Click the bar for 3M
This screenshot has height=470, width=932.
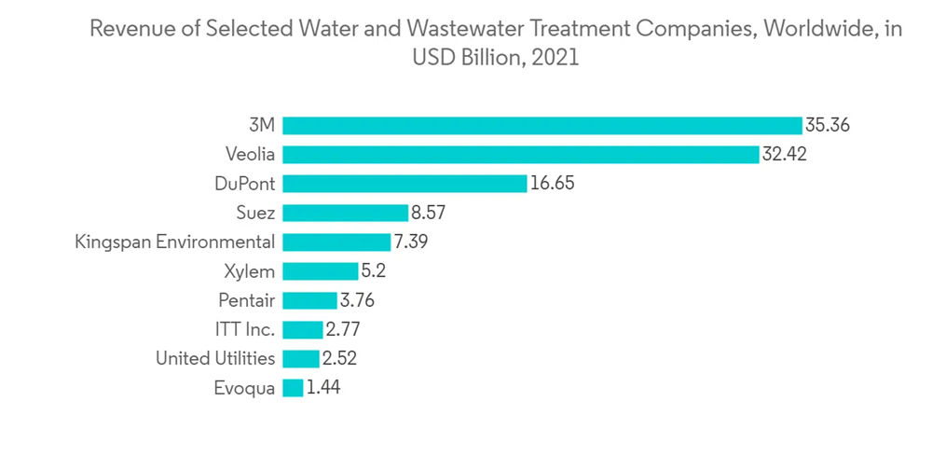[x=541, y=125]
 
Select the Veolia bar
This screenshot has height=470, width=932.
[x=520, y=154]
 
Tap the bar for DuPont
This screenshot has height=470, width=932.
[x=404, y=184]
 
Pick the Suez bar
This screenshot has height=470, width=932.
[x=345, y=213]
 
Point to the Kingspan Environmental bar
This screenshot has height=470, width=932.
[x=336, y=242]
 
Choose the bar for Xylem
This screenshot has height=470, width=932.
[x=320, y=271]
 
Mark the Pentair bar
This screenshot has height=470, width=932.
[x=309, y=300]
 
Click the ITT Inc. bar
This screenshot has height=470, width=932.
[x=302, y=329]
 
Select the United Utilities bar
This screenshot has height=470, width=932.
[x=300, y=359]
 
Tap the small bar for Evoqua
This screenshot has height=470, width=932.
[x=293, y=388]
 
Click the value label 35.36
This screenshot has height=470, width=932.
[x=828, y=125]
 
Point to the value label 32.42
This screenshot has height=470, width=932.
[x=784, y=154]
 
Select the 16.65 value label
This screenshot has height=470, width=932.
[x=552, y=184]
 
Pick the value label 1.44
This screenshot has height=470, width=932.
[x=323, y=388]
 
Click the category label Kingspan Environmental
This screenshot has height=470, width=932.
[x=175, y=242]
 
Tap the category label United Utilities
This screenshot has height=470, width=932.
[x=215, y=359]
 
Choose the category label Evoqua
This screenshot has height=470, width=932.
[x=244, y=388]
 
